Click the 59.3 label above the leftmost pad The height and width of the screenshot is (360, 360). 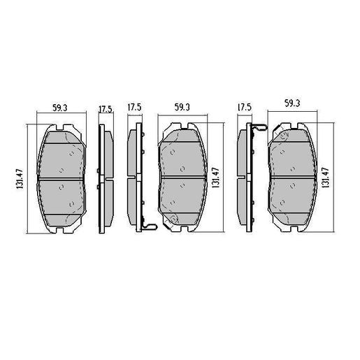click(59, 108)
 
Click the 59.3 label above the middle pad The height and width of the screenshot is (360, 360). click(182, 108)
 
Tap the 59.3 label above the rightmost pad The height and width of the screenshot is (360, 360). click(293, 103)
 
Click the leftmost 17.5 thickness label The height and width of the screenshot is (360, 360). click(106, 109)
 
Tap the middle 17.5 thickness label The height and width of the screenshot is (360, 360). click(134, 108)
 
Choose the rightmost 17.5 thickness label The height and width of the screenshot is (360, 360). click(244, 108)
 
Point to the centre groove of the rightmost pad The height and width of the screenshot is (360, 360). click(294, 177)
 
